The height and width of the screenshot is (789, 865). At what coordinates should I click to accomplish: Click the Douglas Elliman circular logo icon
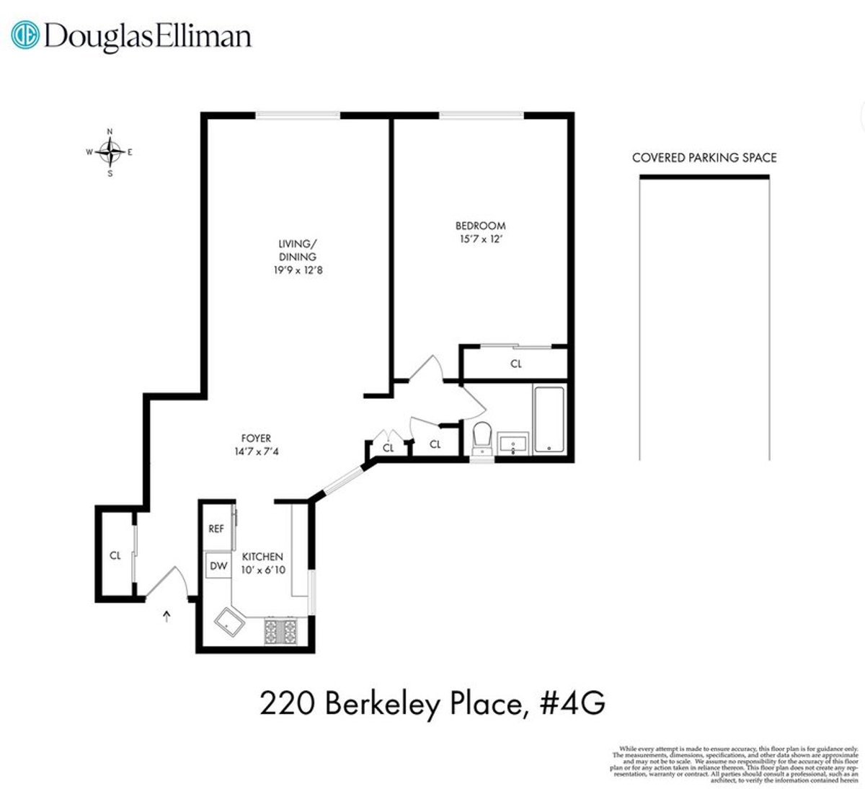27,35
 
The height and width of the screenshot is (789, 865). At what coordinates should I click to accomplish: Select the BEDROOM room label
480,226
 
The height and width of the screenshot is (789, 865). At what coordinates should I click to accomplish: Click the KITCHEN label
262,557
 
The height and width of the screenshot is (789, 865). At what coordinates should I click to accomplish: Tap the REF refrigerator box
216,528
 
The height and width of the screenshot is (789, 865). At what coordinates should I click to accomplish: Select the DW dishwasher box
217,566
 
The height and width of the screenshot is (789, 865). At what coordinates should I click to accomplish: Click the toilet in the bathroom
482,437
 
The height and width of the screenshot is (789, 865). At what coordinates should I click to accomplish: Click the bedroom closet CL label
515,364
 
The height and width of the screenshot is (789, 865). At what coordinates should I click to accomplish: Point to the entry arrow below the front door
167,615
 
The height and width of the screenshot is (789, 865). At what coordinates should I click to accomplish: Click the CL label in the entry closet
115,556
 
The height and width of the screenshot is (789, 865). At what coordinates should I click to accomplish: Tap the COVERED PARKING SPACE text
704,158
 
